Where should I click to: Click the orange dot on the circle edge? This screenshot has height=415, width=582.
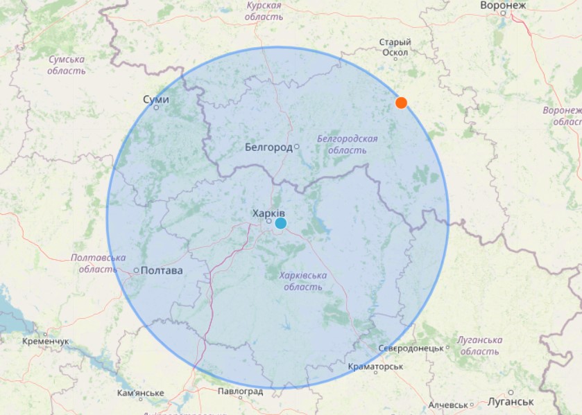(401, 103)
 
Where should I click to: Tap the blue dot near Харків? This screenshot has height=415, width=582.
(280, 223)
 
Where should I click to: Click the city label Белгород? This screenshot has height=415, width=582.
(268, 147)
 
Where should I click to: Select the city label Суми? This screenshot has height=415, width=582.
(155, 99)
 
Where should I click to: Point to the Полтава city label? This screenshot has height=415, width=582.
(161, 270)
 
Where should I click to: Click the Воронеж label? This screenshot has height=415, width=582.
(503, 6)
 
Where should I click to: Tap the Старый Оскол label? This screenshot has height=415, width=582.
(395, 47)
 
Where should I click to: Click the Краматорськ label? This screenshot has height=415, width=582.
(375, 366)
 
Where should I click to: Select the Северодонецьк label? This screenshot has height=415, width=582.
(411, 348)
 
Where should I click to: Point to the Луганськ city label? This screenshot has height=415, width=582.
(511, 401)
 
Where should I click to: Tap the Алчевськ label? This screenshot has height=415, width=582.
(449, 405)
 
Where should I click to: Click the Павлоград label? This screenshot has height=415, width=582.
(240, 391)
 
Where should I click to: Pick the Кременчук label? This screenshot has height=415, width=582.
(45, 342)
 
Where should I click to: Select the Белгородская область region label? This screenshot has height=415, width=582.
(347, 144)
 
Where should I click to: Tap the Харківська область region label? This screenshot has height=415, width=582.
(302, 281)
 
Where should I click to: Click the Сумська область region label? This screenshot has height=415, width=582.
(67, 65)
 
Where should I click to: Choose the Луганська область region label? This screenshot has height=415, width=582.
(479, 345)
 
